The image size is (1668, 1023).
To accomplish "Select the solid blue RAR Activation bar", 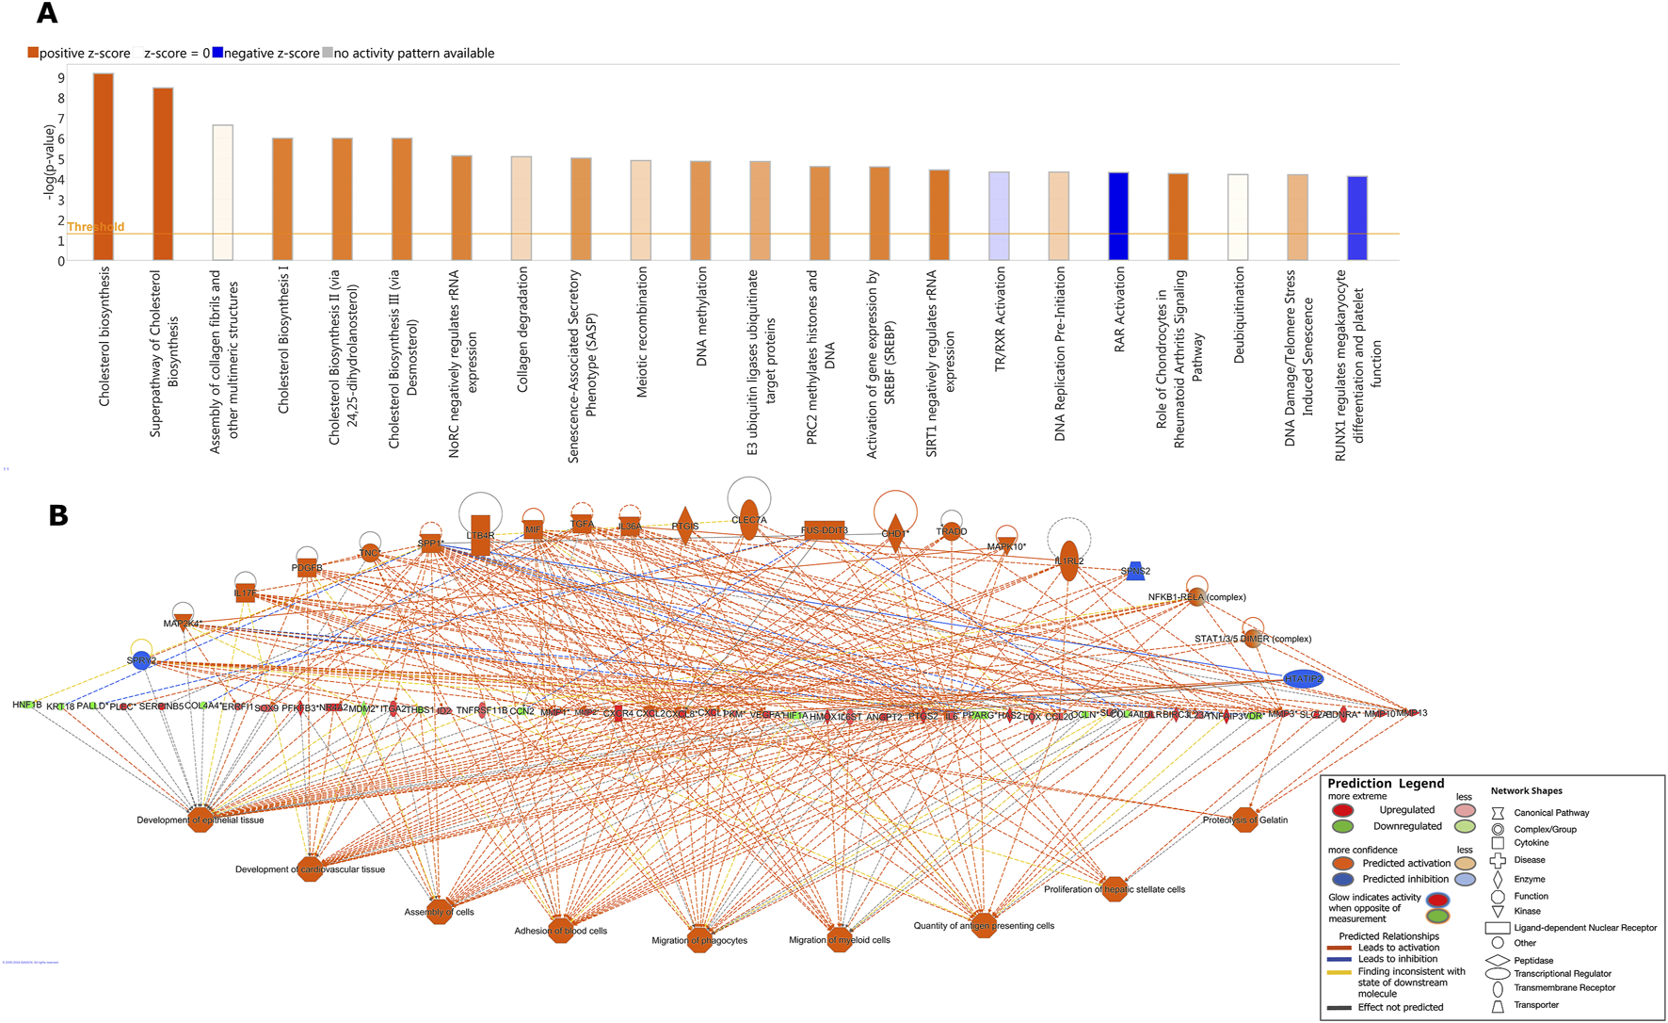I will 1118,217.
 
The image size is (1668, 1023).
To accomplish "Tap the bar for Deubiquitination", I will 1238,218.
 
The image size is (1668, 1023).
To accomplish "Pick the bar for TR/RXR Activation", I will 999,217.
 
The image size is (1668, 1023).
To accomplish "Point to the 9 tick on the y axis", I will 61,78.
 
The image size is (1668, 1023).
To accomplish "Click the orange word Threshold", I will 96,227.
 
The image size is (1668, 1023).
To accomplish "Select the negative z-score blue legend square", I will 217,54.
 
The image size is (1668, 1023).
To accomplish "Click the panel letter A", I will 46,14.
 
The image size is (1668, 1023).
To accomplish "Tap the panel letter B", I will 58,515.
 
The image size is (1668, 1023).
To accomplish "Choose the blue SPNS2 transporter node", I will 1135,571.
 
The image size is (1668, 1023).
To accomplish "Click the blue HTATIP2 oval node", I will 1303,678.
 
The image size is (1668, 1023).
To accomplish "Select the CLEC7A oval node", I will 748,519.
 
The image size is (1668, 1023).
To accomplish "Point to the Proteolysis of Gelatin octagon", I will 1245,820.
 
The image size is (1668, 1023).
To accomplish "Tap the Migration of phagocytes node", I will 699,940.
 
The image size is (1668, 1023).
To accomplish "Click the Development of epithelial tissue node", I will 200,820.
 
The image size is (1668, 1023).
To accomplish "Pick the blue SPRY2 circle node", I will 141,660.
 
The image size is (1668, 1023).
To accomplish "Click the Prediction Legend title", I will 1385,784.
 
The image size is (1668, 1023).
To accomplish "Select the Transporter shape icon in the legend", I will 1498,1006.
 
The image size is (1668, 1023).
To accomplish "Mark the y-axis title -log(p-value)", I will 49,161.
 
